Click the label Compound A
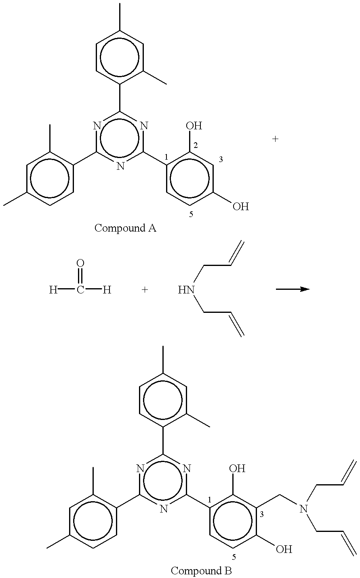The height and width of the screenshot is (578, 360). coord(125,228)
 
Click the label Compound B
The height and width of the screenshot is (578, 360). coord(201,571)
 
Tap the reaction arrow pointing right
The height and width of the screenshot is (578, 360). coord(293,289)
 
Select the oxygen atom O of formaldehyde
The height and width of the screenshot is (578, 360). coord(80,264)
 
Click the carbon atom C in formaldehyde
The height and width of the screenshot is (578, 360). coord(80,289)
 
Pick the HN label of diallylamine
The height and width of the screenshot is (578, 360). coord(186,289)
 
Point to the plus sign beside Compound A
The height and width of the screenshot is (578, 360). coord(275,139)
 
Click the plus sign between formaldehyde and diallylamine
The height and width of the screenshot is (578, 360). coord(145,289)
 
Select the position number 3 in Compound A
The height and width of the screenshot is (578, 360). coord(221,160)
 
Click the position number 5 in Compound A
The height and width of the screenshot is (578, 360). coord(191,214)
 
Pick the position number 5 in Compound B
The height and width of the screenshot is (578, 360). coord(234,557)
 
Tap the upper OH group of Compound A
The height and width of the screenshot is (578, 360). coord(194,126)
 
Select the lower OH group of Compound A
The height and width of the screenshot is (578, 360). coord(241,207)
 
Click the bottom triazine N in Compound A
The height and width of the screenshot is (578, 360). coord(120,166)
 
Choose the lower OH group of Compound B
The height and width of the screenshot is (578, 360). coord(284,549)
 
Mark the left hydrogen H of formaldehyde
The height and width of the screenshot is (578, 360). coord(53,289)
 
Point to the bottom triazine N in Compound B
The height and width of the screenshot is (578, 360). coord(163,509)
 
